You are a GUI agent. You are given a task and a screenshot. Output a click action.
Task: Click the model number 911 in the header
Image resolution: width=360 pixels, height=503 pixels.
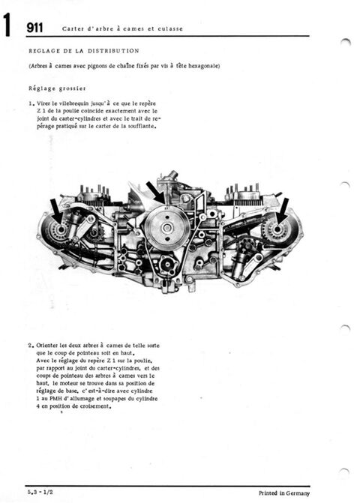pos(34,28)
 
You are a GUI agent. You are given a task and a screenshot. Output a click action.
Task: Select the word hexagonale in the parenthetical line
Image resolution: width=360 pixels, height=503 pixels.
pos(202,66)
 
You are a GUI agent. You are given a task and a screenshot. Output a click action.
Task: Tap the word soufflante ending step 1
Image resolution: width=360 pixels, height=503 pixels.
pos(141,127)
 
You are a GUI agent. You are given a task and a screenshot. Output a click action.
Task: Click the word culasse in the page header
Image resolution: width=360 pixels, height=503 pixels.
pos(169,29)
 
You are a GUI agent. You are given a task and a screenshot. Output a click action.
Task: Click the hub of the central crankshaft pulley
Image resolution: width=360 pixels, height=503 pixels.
pos(166,228)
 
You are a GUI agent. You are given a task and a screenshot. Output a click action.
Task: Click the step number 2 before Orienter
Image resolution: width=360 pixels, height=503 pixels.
pos(30,346)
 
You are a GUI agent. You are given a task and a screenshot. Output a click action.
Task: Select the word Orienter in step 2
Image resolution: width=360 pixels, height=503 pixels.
pos(49,346)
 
